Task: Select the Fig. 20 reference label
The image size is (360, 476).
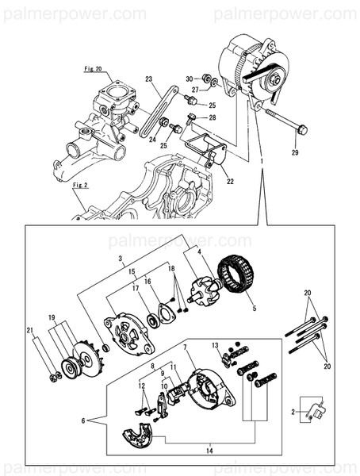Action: coord(94,70)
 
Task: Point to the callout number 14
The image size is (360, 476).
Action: coord(209,450)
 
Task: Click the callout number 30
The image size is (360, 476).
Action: coord(190,79)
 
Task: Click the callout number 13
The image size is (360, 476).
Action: coord(214,345)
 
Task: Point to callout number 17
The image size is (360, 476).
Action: coord(135,288)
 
